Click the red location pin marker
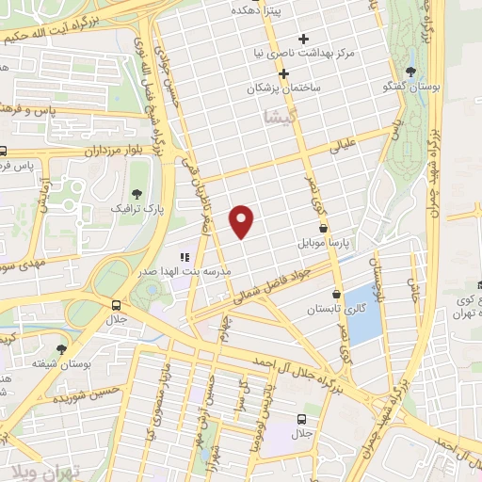(x=243, y=220)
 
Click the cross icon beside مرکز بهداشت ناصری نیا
(x=303, y=39)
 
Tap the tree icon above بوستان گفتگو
(x=410, y=72)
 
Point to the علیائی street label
(x=345, y=147)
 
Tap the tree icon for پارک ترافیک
(x=137, y=191)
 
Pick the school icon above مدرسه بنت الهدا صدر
(x=185, y=256)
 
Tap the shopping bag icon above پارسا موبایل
(x=324, y=227)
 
